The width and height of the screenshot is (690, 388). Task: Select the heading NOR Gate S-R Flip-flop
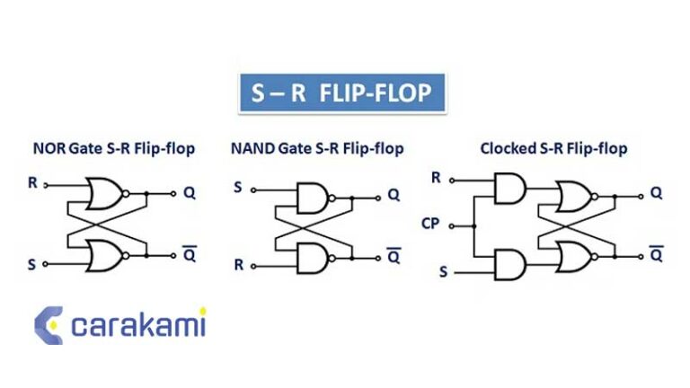[113, 148]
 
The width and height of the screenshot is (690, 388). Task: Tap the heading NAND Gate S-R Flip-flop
[317, 148]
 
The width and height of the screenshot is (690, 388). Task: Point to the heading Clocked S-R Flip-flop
[553, 148]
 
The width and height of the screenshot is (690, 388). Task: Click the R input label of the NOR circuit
[33, 183]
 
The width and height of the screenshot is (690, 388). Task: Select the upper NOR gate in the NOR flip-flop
[103, 192]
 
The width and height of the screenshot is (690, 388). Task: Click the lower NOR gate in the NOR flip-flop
[103, 255]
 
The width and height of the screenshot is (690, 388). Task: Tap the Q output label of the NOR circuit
[190, 192]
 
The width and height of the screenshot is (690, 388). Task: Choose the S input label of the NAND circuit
[238, 188]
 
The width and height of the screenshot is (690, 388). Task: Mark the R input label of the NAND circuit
[239, 265]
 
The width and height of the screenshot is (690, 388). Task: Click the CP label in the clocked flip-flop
[430, 223]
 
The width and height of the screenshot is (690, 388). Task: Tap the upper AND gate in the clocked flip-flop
[509, 187]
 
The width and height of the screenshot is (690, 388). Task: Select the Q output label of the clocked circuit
[656, 192]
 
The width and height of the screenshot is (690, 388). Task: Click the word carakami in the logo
[138, 324]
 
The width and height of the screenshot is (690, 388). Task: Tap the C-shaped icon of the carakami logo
[49, 325]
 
